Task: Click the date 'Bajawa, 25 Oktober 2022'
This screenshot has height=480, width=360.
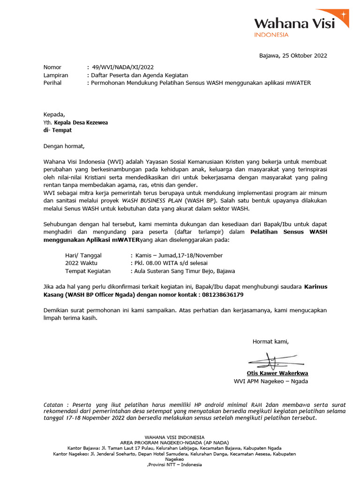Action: point(293,56)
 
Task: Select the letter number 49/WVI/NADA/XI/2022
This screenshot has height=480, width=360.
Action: point(123,67)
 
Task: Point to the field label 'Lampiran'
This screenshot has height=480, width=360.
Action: point(56,75)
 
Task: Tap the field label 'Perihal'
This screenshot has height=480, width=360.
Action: point(54,83)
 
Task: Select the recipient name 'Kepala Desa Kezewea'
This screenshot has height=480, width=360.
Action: point(81,123)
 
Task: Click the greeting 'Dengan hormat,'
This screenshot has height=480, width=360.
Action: point(64,146)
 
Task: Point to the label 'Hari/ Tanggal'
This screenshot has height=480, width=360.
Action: point(83,255)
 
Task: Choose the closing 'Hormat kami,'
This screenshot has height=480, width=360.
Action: point(270,341)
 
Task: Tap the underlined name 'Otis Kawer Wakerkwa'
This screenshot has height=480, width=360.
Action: point(277,374)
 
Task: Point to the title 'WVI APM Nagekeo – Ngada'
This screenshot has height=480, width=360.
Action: point(270,382)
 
